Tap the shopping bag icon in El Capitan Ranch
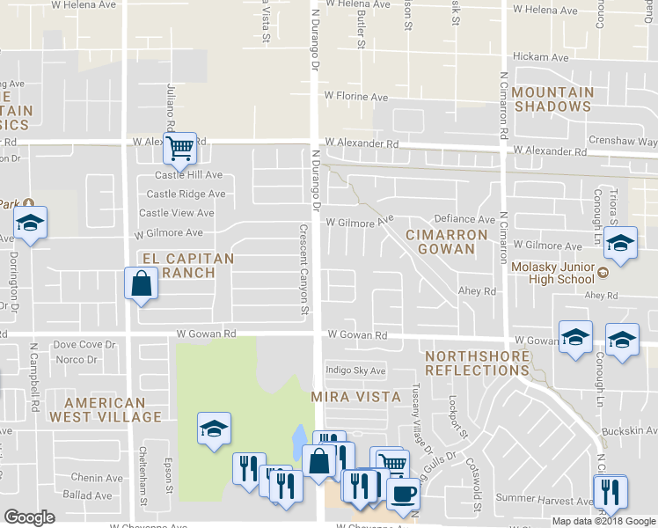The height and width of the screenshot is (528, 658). tap(141, 284)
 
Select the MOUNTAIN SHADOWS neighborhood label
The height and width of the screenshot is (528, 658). tap(552, 99)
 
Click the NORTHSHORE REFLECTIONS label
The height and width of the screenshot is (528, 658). tap(477, 363)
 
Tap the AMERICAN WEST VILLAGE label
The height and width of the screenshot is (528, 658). tap(106, 409)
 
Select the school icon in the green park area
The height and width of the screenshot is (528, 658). tap(214, 429)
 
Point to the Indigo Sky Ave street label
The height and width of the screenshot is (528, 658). tap(356, 370)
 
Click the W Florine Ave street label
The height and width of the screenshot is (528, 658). tap(355, 96)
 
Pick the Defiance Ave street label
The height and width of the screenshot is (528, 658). tap(464, 219)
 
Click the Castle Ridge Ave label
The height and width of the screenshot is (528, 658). tap(186, 194)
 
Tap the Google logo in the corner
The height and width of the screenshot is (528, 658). tap(29, 517)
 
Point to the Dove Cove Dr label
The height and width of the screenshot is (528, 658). tap(84, 346)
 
